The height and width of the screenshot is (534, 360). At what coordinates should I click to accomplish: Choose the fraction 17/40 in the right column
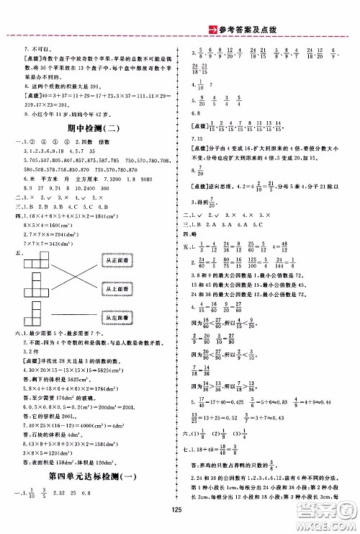pos(198,419)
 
